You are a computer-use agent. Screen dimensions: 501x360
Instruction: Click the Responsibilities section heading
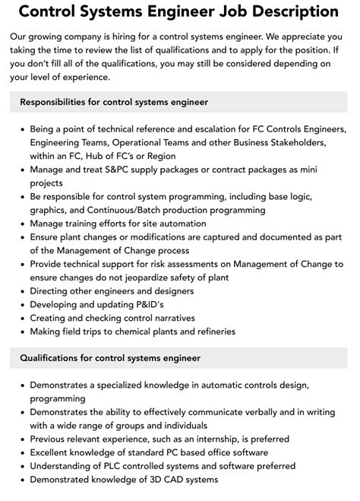(x=114, y=102)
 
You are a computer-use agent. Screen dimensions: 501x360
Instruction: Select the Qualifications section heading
(x=110, y=357)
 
